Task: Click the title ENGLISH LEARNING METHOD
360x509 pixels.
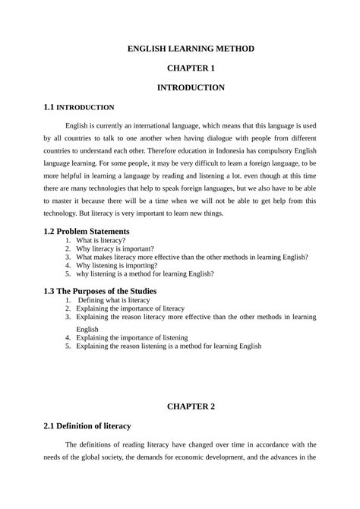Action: point(191,49)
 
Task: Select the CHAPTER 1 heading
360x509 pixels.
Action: point(191,68)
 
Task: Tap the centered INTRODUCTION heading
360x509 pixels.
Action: point(191,88)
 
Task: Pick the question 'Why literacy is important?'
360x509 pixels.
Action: point(115,248)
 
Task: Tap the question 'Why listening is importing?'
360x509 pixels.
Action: point(115,265)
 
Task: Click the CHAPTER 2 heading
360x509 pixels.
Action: point(191,406)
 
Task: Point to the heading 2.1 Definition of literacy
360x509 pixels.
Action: point(88,426)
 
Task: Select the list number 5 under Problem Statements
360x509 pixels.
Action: point(68,273)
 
